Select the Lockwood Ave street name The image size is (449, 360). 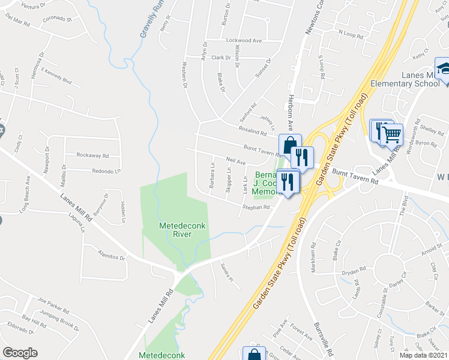tap(244, 40)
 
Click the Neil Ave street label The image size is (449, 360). tap(235, 161)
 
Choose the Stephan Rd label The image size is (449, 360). tap(255, 206)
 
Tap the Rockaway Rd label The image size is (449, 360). tap(92, 155)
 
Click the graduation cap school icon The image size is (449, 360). tap(445, 70)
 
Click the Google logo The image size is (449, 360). tap(20, 352)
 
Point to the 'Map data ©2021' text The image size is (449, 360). tap(423, 355)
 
